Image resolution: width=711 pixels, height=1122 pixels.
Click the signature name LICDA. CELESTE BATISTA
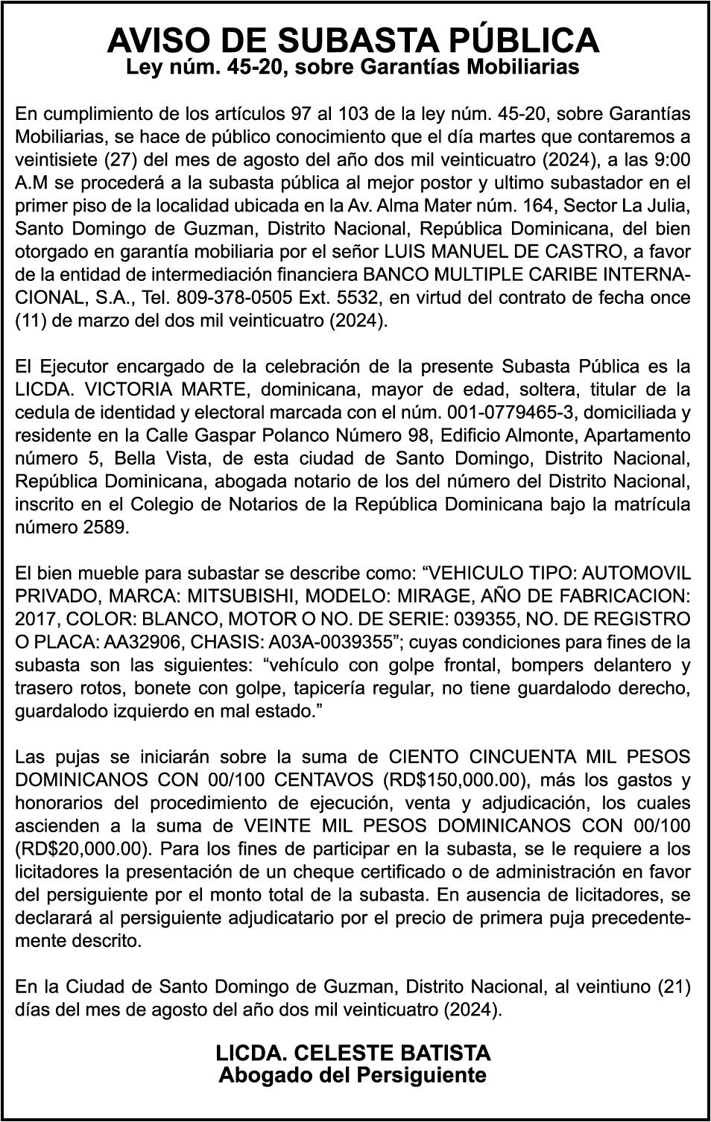coord(353,1053)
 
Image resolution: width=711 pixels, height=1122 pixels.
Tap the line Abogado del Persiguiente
coord(353,1075)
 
